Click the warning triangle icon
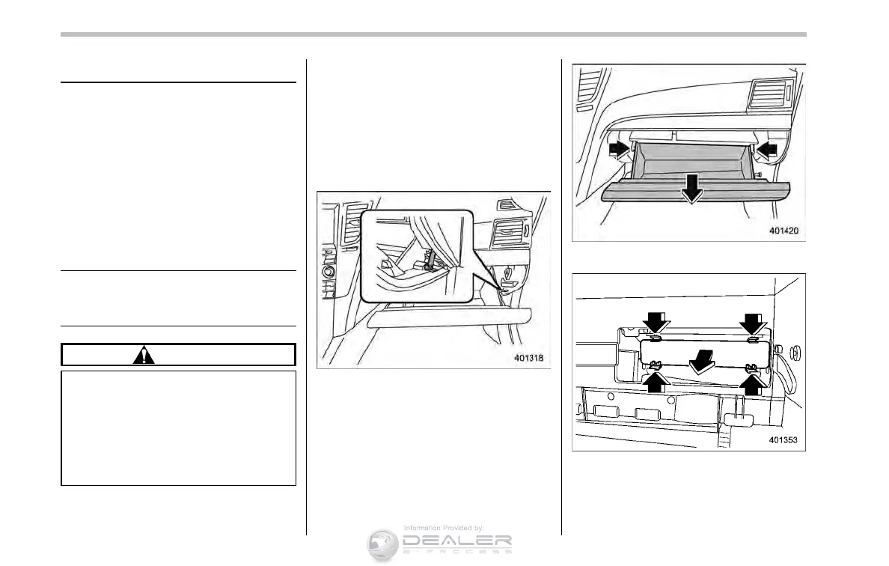click(143, 356)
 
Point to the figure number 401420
click(785, 230)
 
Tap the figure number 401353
click(785, 441)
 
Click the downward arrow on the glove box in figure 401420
click(692, 192)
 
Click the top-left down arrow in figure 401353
click(656, 322)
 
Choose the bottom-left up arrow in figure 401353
click(656, 382)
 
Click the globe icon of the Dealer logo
click(382, 544)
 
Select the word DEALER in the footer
click(456, 541)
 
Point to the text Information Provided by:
click(444, 528)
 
